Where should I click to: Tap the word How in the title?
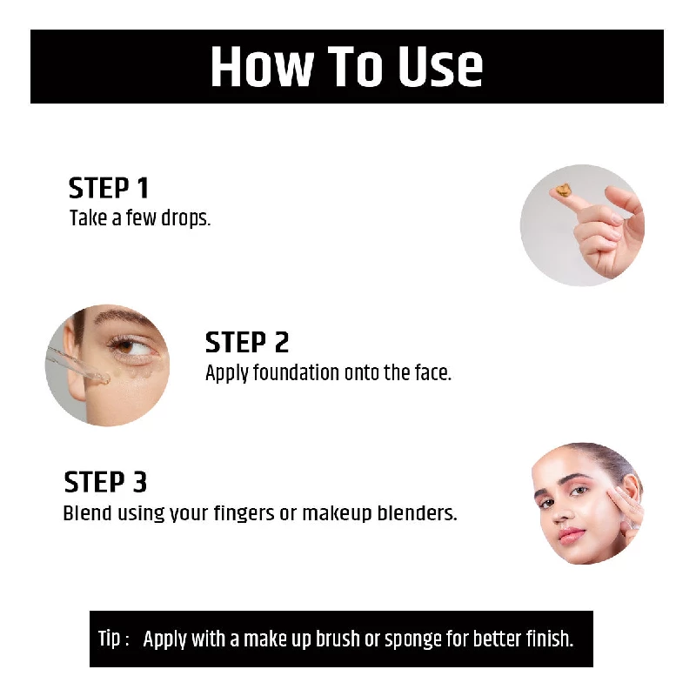pyautogui.click(x=258, y=67)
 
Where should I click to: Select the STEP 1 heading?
pyautogui.click(x=109, y=188)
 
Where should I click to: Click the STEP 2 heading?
pyautogui.click(x=247, y=342)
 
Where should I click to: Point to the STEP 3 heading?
pyautogui.click(x=105, y=482)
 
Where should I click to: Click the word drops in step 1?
pyautogui.click(x=184, y=217)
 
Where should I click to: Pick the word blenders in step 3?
pyautogui.click(x=417, y=513)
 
